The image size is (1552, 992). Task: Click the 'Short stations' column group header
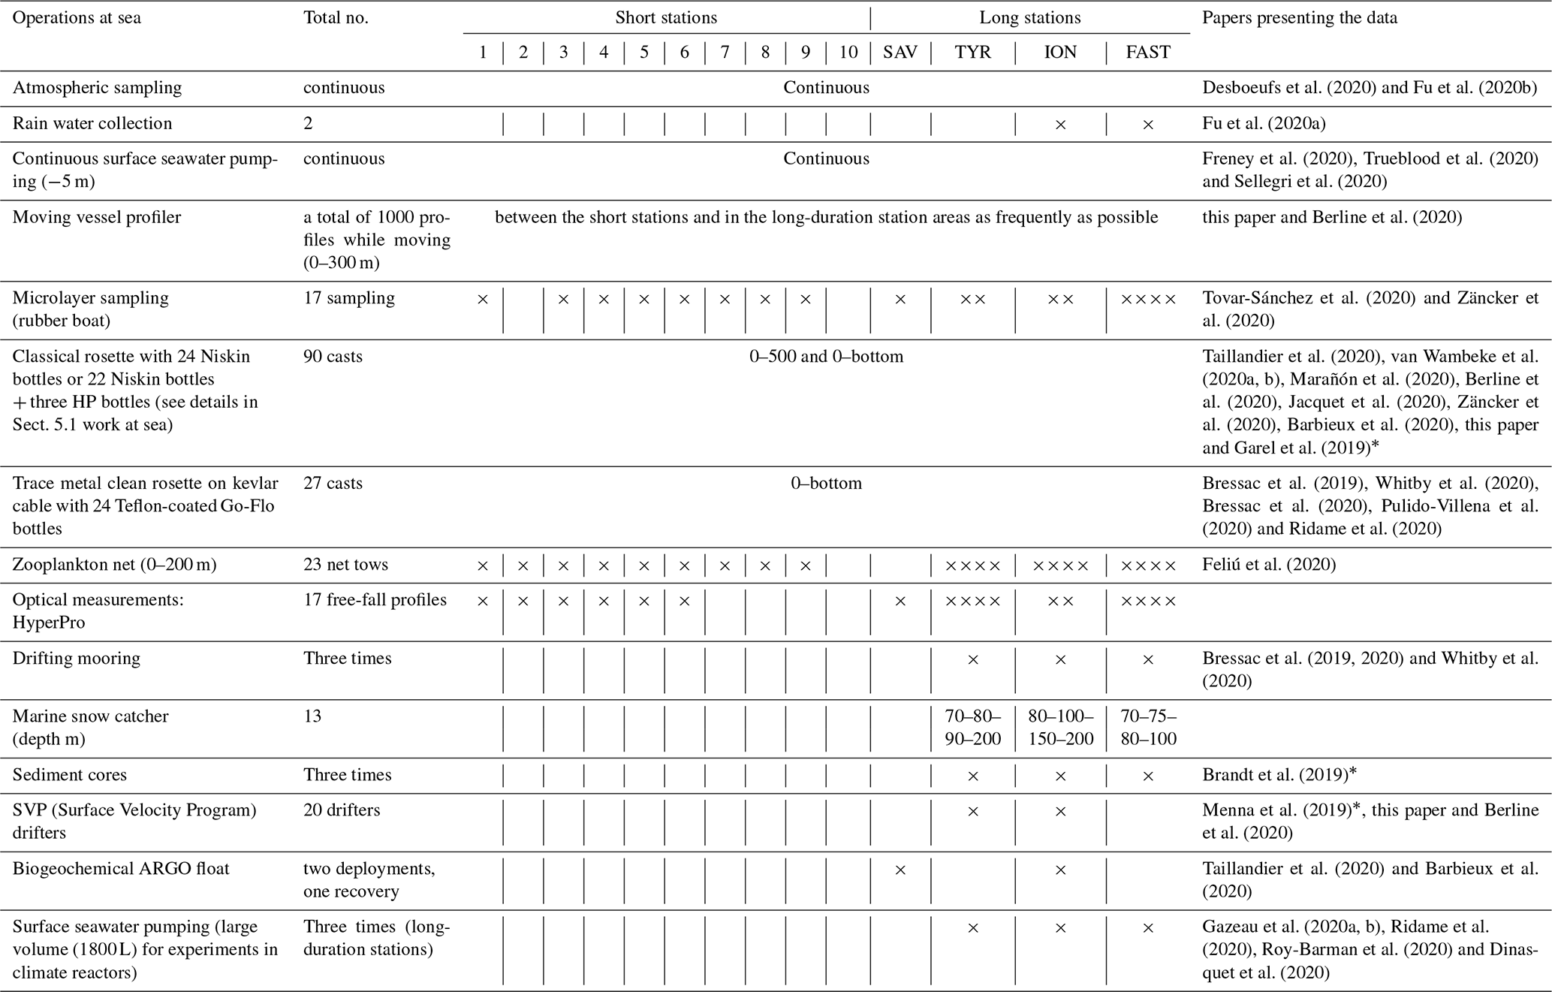click(x=666, y=17)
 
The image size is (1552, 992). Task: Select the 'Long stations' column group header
click(x=1030, y=17)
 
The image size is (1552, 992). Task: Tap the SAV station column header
click(x=900, y=52)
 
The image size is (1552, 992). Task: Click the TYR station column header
click(x=972, y=52)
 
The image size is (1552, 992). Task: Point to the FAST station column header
click(x=1147, y=52)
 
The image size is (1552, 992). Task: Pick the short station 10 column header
click(x=848, y=52)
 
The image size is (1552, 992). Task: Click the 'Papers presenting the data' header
click(x=1300, y=17)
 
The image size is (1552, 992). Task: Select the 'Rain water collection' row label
click(x=92, y=123)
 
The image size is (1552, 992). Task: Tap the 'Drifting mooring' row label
click(x=77, y=659)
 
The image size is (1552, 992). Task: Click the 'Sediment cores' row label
click(x=70, y=775)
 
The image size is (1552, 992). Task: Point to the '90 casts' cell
click(x=333, y=356)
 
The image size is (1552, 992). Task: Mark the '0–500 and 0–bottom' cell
click(x=826, y=356)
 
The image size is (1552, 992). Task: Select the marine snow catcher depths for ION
click(x=1060, y=727)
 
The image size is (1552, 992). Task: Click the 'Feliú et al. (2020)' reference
click(x=1269, y=565)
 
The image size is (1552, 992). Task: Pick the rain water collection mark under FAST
click(x=1147, y=125)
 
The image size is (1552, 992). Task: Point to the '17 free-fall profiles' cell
click(x=375, y=600)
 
